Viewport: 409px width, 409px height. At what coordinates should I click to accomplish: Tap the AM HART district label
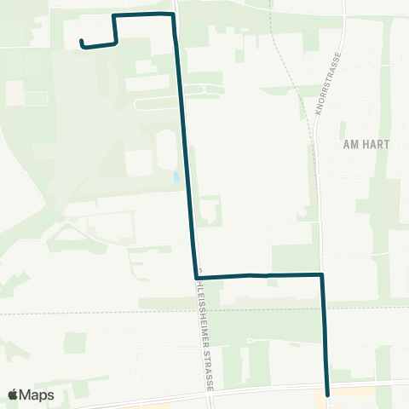(366, 144)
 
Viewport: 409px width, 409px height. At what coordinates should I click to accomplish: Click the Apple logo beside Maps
(14, 395)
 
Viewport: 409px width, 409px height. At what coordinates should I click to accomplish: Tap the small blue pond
(176, 177)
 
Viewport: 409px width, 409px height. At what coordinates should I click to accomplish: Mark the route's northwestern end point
(81, 42)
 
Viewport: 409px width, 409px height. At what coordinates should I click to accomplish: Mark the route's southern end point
(328, 395)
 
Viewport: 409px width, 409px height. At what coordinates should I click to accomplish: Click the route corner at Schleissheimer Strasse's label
(196, 276)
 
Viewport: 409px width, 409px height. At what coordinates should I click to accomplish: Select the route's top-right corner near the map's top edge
(173, 15)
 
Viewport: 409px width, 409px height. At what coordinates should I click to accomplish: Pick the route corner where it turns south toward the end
(322, 274)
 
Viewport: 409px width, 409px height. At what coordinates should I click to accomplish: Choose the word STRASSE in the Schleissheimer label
(209, 370)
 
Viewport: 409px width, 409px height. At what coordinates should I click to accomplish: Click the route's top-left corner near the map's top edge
(114, 16)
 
